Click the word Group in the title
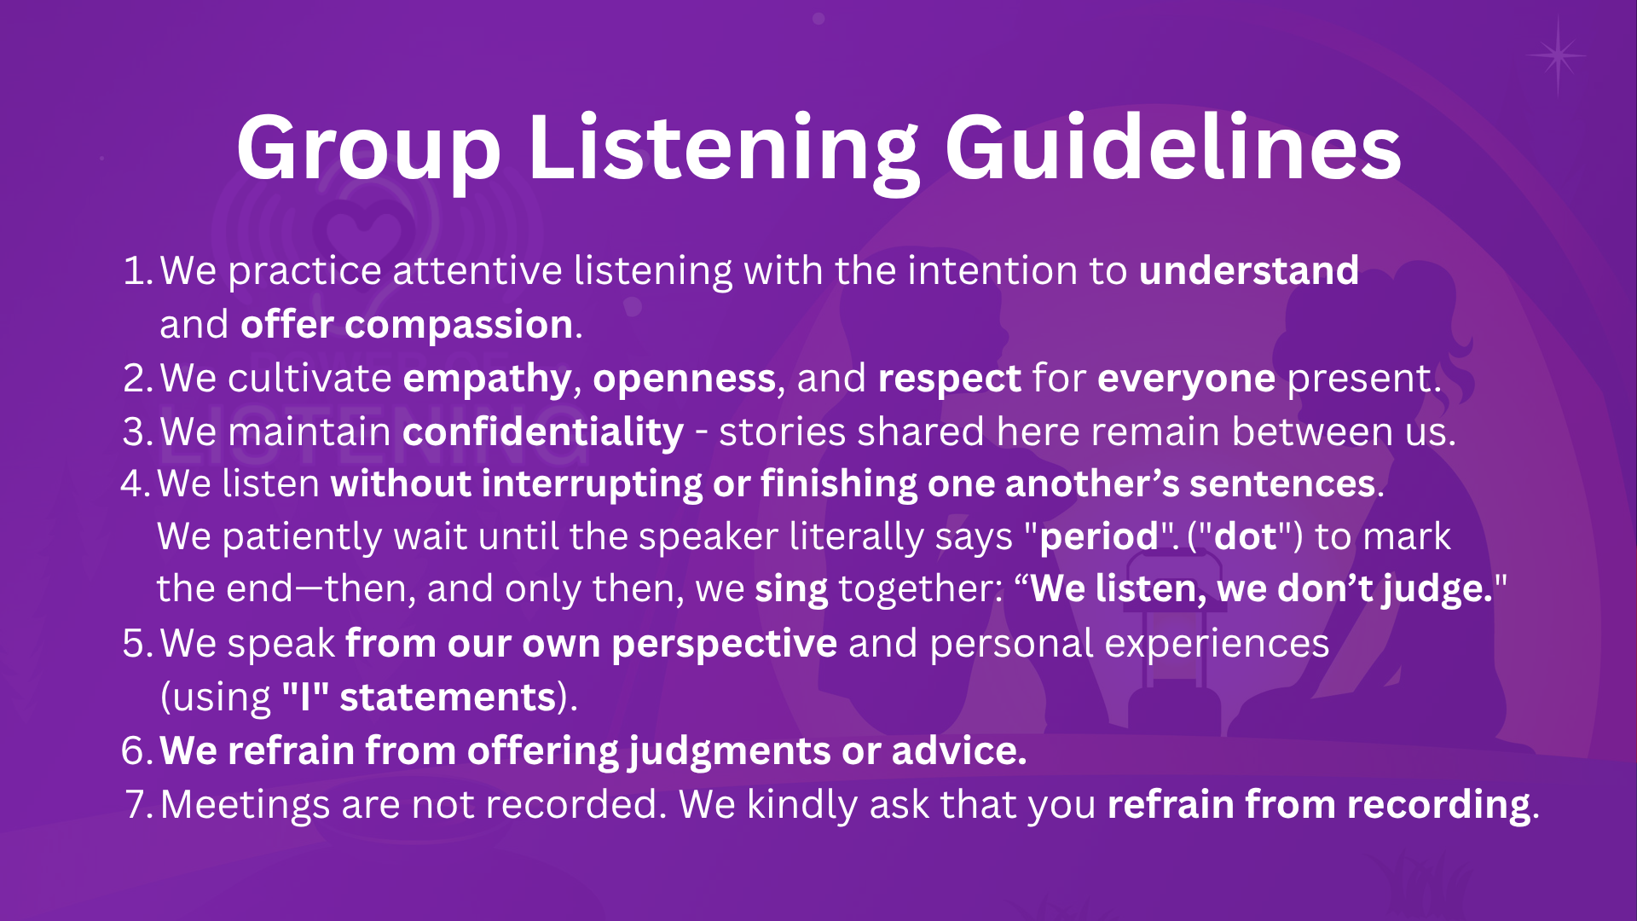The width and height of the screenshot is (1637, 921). click(368, 149)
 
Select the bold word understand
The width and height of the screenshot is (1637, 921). click(1249, 270)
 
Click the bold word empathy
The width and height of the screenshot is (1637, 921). click(487, 379)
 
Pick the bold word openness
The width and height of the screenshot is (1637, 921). click(685, 379)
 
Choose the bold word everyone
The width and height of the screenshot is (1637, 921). click(1187, 379)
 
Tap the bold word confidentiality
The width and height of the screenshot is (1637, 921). click(543, 432)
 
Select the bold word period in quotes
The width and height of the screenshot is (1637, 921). click(1099, 536)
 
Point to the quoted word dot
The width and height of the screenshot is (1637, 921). click(1245, 536)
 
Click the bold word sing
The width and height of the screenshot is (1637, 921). click(791, 590)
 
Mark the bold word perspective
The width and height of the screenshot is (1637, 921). click(725, 645)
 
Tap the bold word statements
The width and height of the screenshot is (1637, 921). click(448, 698)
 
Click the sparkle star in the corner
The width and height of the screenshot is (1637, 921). click(1558, 56)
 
